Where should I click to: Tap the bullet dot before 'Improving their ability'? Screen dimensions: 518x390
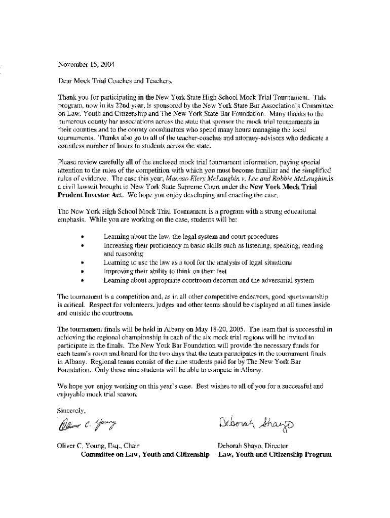pyautogui.click(x=82, y=271)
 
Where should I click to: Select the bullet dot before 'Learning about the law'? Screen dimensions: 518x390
pyautogui.click(x=82, y=237)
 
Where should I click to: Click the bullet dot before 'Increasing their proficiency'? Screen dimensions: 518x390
pyautogui.click(x=82, y=245)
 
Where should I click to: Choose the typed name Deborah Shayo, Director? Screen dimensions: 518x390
pyautogui.click(x=253, y=446)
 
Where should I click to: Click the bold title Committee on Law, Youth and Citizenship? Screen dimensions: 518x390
pyautogui.click(x=145, y=454)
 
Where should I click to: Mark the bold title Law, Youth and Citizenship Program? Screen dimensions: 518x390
pyautogui.click(x=275, y=454)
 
